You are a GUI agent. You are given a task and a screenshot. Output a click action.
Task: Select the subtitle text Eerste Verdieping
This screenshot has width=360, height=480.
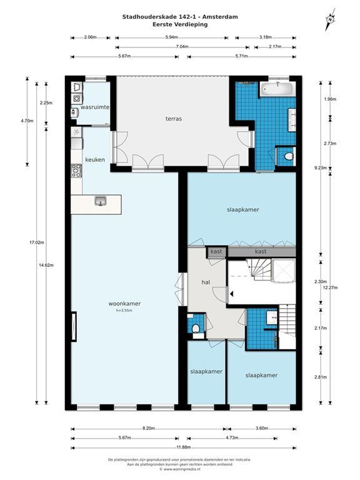pos(180,24)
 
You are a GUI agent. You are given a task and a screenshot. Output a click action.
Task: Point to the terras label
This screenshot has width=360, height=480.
pos(174,118)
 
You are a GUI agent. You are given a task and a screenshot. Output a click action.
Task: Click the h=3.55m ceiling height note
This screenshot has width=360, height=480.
pos(124,311)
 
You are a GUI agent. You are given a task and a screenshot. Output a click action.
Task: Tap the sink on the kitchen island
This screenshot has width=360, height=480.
pos(100,201)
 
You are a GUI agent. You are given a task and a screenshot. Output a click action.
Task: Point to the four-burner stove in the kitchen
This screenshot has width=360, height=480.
pos(76,170)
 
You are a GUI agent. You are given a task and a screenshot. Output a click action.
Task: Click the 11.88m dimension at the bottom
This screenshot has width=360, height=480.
pos(182,447)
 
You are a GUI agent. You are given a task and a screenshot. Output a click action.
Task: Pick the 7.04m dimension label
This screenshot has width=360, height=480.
pos(182,47)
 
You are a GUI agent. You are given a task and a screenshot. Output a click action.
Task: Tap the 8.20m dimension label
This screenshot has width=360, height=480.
pos(149,429)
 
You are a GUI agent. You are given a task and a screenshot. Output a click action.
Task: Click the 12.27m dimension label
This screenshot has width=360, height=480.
pos(331,287)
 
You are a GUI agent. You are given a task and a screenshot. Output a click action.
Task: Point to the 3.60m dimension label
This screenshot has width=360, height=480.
pos(262,429)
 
